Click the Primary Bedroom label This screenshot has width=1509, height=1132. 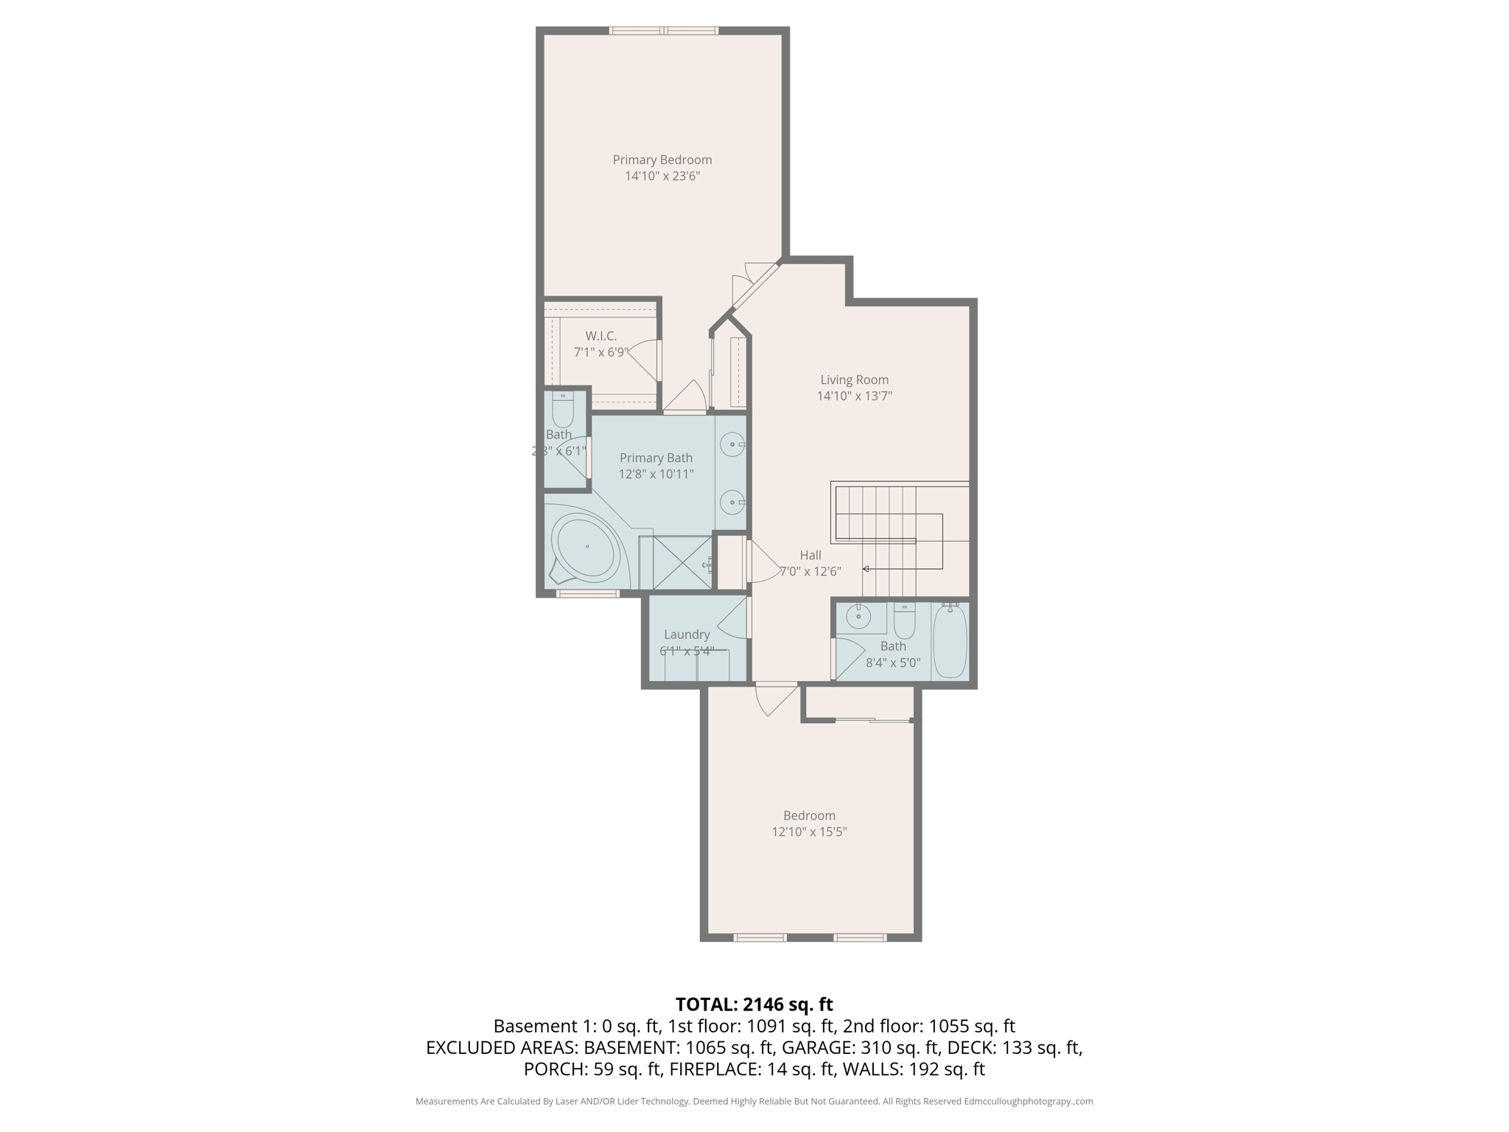click(x=662, y=160)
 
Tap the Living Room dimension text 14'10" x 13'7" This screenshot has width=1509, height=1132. click(x=854, y=396)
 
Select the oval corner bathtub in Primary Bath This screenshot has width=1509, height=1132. click(x=587, y=547)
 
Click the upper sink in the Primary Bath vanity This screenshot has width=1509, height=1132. click(x=732, y=445)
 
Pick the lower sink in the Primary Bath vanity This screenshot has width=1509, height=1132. click(x=732, y=503)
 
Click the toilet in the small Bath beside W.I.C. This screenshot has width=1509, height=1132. click(x=563, y=410)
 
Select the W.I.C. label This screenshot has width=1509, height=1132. click(x=601, y=336)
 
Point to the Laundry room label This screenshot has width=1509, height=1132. click(x=687, y=635)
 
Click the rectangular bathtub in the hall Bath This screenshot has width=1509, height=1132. click(x=950, y=640)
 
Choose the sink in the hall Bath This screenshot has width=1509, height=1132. click(x=858, y=616)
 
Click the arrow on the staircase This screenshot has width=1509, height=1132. click(x=866, y=569)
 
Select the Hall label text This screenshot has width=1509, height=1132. click(x=810, y=556)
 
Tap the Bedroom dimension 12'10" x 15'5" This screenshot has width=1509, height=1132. click(x=809, y=832)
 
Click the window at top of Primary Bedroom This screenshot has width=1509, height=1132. click(x=663, y=31)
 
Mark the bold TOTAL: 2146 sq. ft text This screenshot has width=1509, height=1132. click(x=754, y=1005)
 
